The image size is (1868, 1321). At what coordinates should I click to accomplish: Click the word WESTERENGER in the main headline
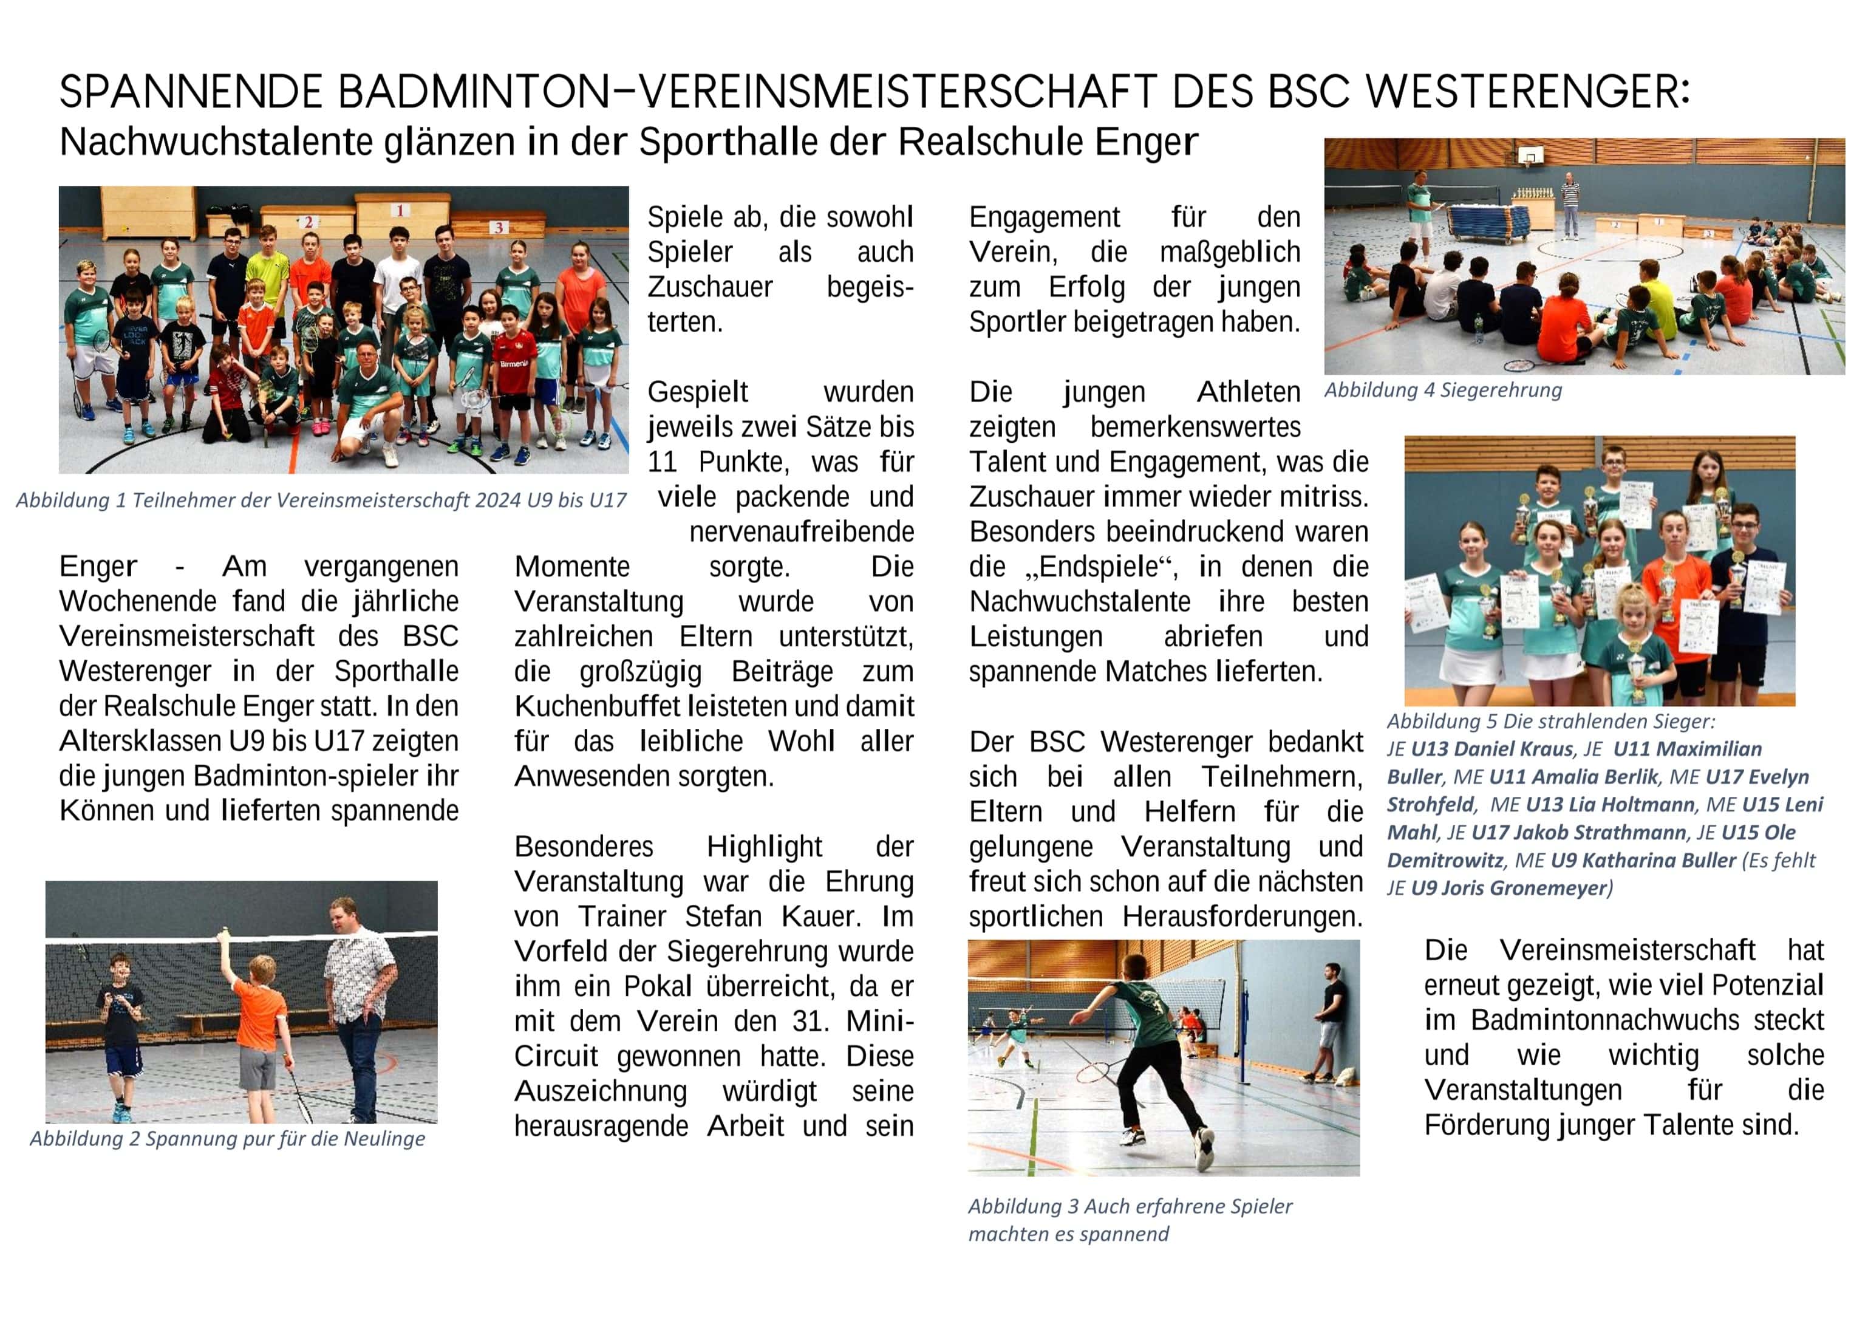pos(1527,91)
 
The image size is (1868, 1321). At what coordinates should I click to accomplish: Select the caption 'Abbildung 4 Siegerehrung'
pos(1442,391)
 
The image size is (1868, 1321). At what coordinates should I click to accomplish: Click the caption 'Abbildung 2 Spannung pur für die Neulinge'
pos(227,1139)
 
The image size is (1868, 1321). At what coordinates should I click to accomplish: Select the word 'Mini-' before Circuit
pos(879,1022)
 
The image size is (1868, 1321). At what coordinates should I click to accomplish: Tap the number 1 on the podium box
pos(400,211)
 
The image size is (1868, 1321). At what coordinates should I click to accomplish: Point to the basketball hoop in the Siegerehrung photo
pos(1530,155)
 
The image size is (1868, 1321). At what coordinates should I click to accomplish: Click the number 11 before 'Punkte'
pos(663,462)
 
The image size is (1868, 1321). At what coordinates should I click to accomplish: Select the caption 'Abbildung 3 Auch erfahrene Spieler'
pos(1130,1206)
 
